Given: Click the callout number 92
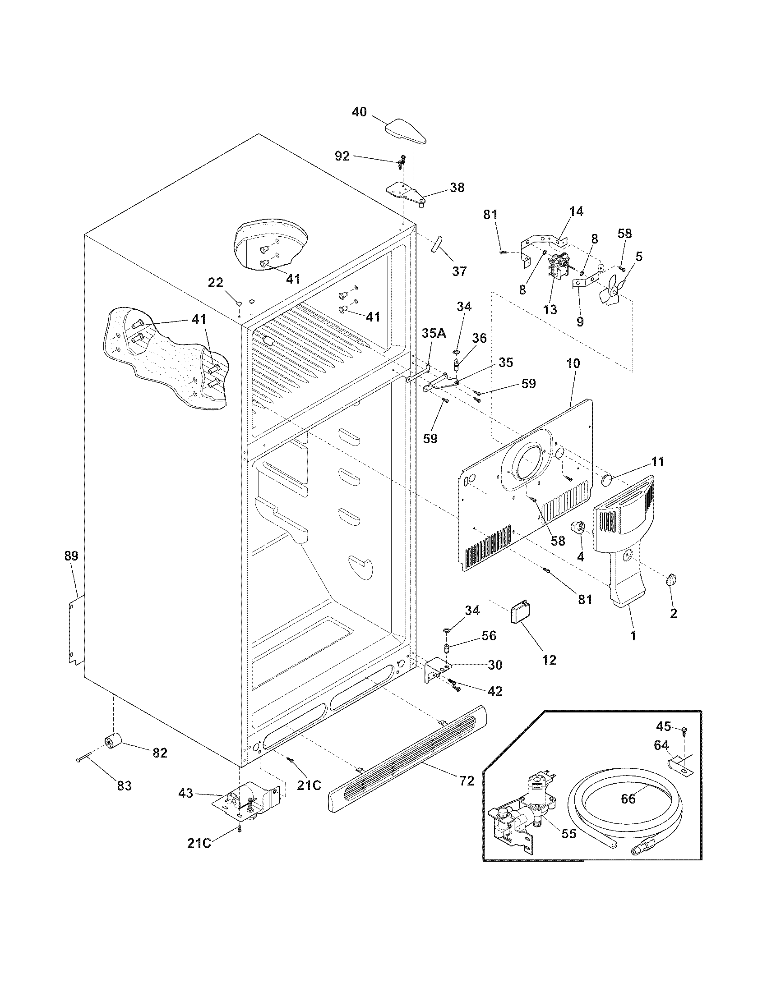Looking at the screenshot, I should pyautogui.click(x=342, y=156).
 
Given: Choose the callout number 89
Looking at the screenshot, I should pyautogui.click(x=71, y=556).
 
